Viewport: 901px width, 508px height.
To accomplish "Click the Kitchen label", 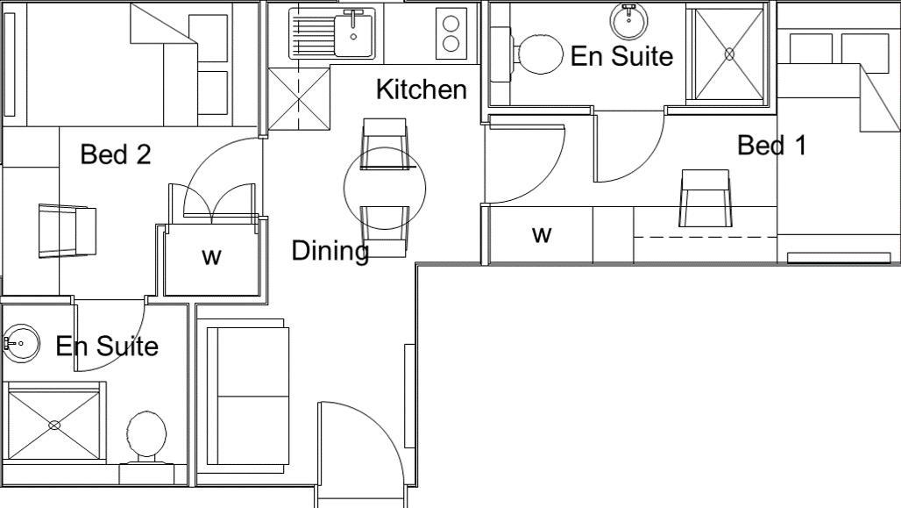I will [421, 89].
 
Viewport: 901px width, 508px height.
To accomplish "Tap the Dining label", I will [330, 251].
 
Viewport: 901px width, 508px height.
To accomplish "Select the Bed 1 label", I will [771, 146].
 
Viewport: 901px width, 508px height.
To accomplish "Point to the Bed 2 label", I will [116, 154].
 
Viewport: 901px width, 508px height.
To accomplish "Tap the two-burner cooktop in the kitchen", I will [452, 34].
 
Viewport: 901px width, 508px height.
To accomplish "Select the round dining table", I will [385, 188].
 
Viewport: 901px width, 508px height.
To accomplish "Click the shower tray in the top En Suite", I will [728, 54].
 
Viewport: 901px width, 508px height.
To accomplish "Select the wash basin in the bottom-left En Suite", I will [21, 343].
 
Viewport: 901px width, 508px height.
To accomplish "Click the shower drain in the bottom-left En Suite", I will [54, 426].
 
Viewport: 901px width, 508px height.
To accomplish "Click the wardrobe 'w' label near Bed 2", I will [211, 256].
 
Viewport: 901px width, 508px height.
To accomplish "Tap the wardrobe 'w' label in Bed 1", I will [543, 234].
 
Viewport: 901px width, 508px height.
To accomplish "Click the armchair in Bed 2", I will [67, 231].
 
